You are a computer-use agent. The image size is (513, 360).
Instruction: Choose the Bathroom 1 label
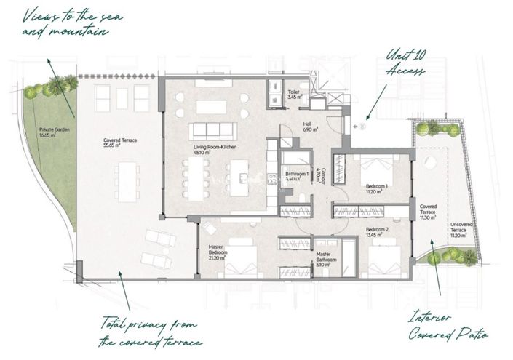click(x=298, y=176)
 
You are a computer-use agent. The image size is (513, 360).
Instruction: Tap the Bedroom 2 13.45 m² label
click(x=377, y=232)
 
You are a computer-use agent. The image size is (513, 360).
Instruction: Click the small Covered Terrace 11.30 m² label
click(x=428, y=212)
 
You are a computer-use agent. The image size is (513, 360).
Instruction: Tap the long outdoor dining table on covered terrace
click(x=126, y=180)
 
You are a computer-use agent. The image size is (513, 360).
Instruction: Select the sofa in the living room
click(x=212, y=132)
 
